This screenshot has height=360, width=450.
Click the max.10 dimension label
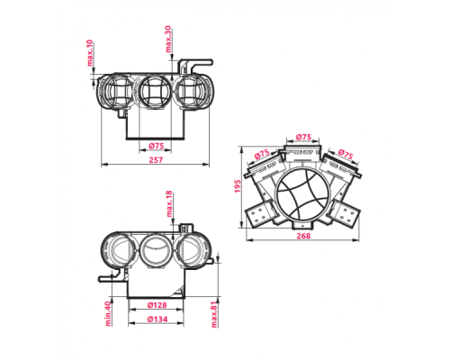tap(90, 53)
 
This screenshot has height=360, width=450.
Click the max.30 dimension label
tap(168, 39)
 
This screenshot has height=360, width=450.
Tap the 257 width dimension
tap(156, 160)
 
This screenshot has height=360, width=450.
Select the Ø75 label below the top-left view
tap(157, 146)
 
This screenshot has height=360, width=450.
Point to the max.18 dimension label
tap(169, 203)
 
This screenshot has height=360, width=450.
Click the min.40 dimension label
tap(108, 314)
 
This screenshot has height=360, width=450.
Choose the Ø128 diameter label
tap(157, 305)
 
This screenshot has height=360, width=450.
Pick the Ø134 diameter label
tap(157, 319)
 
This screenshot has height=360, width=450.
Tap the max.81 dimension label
tap(214, 314)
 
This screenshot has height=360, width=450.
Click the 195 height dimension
tap(238, 186)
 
